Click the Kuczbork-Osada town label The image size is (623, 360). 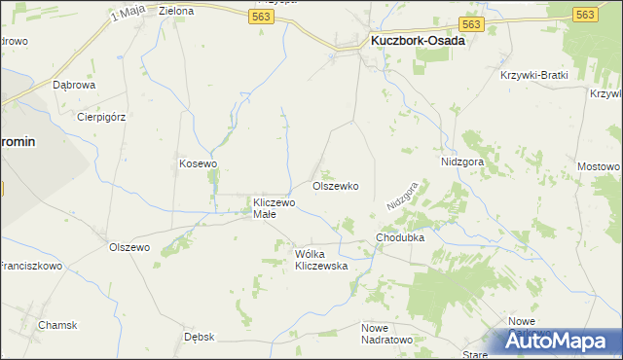[418, 42]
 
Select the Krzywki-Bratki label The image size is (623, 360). [533, 76]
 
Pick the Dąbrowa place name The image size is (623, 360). [74, 86]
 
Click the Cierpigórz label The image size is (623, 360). [101, 117]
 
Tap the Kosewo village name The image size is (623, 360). [198, 163]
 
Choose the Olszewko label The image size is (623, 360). [335, 186]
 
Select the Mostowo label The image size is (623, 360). [598, 166]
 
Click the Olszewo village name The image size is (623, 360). [129, 248]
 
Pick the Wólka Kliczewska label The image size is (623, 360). [321, 260]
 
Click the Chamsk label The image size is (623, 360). [57, 325]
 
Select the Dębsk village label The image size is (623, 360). [199, 337]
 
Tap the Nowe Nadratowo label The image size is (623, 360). [386, 334]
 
